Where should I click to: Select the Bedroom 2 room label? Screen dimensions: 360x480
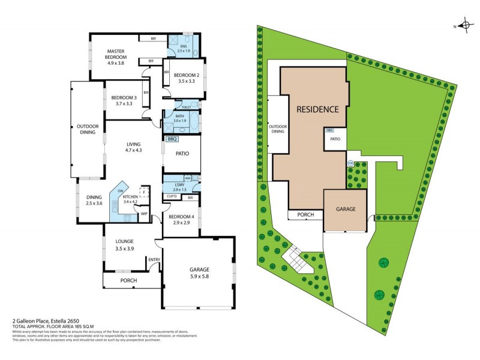185,78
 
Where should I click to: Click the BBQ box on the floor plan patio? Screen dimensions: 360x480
172,139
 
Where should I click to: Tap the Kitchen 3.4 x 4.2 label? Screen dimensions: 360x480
131,199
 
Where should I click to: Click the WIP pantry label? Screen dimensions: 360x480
144,214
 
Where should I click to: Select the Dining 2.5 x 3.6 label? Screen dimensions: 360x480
94,200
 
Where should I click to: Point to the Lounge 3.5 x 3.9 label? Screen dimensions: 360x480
125,245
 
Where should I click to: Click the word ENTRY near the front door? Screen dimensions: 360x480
154,259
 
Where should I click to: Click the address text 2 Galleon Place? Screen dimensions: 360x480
39,322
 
